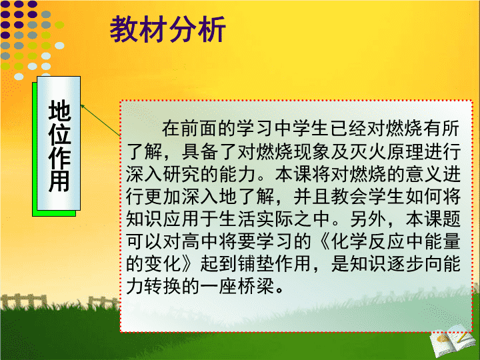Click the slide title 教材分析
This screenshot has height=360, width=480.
(168, 29)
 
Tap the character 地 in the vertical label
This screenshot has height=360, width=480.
(59, 110)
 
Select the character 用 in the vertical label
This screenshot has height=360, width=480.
(59, 181)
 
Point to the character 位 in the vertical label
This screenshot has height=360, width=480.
(59, 134)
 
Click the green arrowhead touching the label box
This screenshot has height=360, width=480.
(83, 106)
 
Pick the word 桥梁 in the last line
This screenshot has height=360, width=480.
(256, 286)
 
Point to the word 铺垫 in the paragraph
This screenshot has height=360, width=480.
(256, 263)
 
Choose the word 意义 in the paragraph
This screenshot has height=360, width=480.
(423, 174)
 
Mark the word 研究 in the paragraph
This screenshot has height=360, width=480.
(182, 174)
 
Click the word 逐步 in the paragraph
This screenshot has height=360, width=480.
(405, 263)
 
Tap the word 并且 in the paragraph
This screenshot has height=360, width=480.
(312, 196)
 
